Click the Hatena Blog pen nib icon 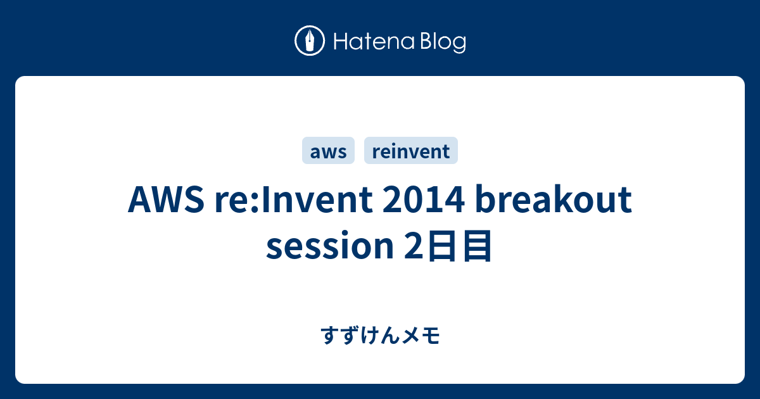point(310,41)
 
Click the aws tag point(328,151)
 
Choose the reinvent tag point(411,151)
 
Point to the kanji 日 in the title point(437,248)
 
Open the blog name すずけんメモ point(380,336)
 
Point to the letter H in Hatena point(339,42)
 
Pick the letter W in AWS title point(166,201)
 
